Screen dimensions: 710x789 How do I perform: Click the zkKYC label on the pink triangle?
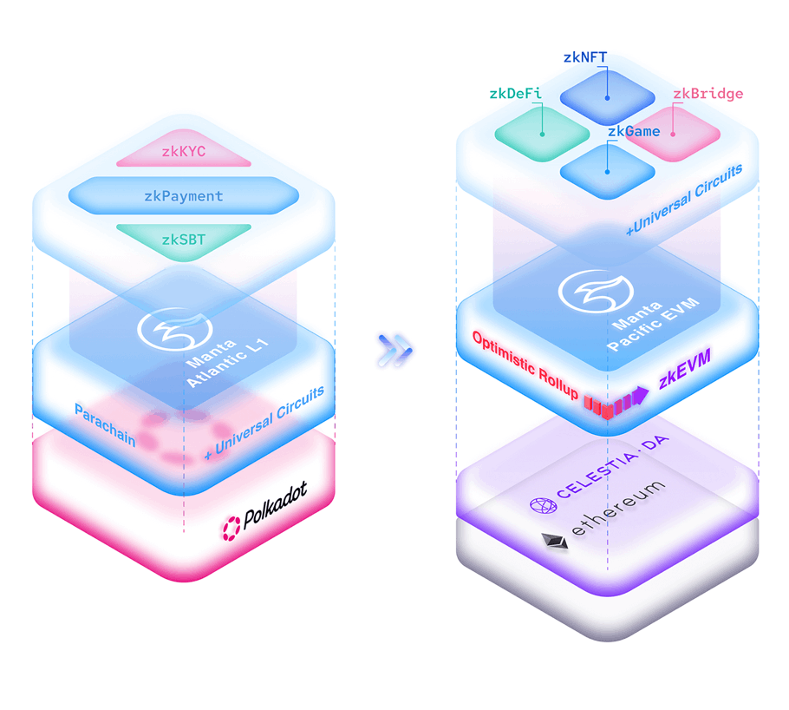click(183, 153)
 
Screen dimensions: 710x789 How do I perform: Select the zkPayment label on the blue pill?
click(183, 196)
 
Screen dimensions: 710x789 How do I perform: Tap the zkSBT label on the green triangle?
click(183, 238)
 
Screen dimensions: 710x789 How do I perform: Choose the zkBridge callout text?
click(707, 94)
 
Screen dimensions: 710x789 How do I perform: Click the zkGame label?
click(633, 132)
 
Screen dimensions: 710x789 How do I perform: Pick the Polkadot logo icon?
click(231, 525)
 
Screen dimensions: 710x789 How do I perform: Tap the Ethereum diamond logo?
click(554, 542)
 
